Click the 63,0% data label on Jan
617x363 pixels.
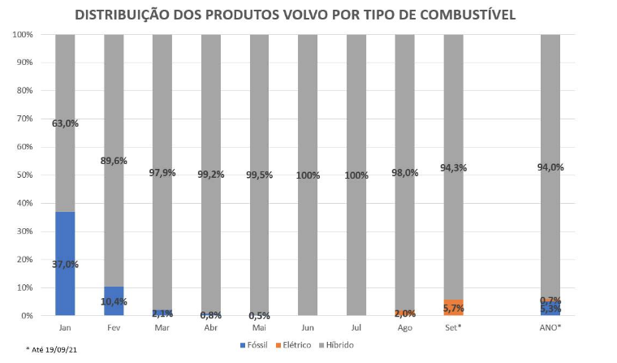click(65, 124)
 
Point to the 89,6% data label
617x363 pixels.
click(114, 161)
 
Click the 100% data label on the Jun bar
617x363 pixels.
click(308, 175)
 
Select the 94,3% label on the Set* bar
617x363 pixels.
click(454, 168)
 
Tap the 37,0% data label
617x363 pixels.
click(65, 264)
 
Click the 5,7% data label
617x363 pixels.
click(454, 309)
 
